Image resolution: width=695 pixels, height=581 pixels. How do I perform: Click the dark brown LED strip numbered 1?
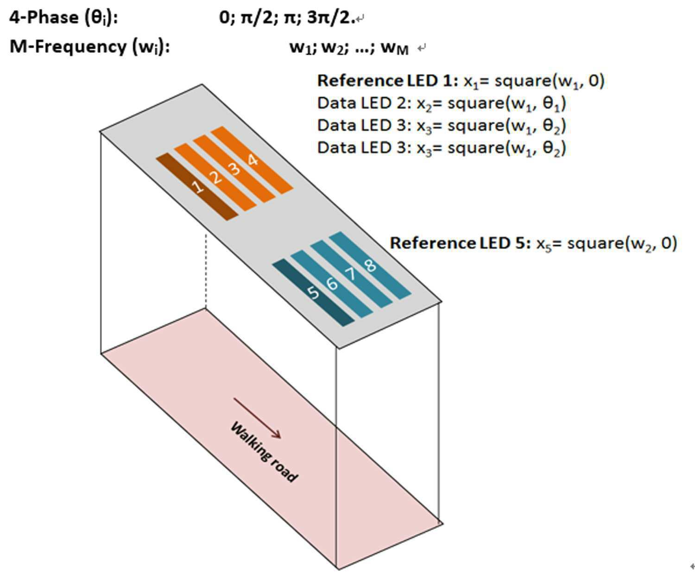pos(197,187)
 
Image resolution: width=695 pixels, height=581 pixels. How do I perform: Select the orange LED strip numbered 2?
pos(215,177)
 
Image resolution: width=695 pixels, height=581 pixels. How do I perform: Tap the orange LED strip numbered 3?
pos(234,169)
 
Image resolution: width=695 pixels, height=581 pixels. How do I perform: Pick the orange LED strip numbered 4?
pos(253,160)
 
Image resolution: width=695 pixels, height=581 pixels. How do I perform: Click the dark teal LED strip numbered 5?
pos(313,293)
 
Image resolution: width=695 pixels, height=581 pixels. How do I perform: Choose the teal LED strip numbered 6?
pos(332,284)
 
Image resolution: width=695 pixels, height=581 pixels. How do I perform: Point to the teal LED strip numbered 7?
pos(352,274)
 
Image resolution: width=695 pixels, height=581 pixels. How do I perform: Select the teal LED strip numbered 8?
pos(370,265)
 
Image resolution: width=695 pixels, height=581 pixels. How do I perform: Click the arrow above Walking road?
pos(257,418)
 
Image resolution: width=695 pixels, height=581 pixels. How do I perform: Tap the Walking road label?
pos(264,452)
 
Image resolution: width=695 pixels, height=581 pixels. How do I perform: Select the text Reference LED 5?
pos(461,243)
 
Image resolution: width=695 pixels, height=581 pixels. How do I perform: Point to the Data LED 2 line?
pos(442,103)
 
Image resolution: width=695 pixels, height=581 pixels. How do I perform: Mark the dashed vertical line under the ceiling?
pos(206,271)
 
